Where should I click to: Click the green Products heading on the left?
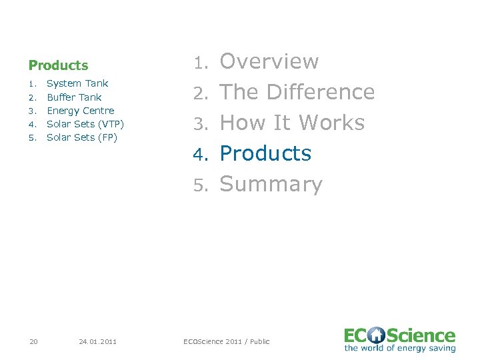[58, 65]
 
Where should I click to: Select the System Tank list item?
[77, 83]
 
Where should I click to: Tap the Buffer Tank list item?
[74, 97]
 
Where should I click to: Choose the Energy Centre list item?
[80, 111]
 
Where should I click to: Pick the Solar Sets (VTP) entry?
[85, 124]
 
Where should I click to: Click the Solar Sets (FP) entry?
[82, 137]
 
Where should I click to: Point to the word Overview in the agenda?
[269, 61]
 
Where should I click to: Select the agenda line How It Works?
[292, 123]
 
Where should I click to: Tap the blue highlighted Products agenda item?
[265, 153]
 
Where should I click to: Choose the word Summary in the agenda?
[271, 184]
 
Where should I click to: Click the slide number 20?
[33, 341]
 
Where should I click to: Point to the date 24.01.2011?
[97, 341]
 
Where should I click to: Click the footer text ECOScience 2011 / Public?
[227, 341]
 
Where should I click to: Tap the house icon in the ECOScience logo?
[377, 335]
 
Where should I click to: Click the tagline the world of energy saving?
[400, 348]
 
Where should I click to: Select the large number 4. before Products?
[201, 154]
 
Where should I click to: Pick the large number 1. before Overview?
[201, 62]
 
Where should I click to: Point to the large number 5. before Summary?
[201, 185]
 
